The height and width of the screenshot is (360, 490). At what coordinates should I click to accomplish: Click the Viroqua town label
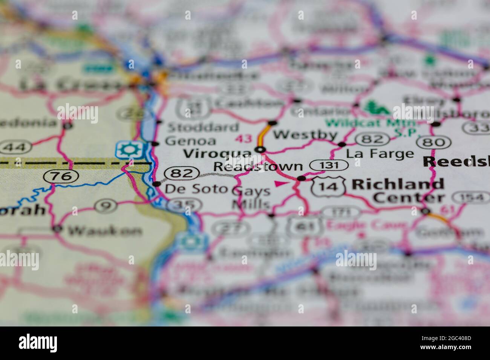[217, 154]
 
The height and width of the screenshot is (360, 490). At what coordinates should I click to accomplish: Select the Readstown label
[258, 166]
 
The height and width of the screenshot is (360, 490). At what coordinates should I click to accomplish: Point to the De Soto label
[196, 188]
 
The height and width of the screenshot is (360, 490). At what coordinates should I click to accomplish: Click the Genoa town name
[191, 141]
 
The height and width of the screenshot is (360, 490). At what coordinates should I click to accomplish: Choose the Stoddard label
[203, 127]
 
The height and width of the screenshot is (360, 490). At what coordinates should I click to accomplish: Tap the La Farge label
[380, 154]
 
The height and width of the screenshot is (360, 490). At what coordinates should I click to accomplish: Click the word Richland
[398, 184]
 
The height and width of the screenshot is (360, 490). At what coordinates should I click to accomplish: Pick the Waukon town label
[105, 230]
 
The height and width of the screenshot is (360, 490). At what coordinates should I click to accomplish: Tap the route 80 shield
[433, 142]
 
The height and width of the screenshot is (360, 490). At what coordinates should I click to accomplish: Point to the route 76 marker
[61, 175]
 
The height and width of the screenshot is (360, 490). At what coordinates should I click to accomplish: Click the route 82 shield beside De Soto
[182, 173]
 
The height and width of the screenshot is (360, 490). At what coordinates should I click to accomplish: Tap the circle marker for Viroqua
[260, 150]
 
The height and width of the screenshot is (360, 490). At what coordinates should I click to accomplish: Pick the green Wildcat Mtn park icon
[377, 108]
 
